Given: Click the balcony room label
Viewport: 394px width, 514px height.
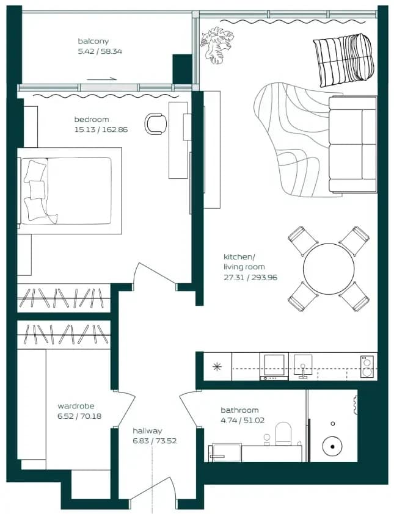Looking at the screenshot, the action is (x=93, y=42).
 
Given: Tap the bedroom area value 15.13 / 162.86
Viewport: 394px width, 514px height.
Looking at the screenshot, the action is (x=101, y=129).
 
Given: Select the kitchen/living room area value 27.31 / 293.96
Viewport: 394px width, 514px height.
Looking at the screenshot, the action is (x=250, y=277).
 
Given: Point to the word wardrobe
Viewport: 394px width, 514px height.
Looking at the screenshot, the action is (x=76, y=406).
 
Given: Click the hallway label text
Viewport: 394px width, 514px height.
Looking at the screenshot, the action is (x=147, y=431).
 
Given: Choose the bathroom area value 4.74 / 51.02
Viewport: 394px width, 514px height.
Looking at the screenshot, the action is (x=243, y=420).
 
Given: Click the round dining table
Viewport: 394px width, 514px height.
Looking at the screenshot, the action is (x=329, y=269).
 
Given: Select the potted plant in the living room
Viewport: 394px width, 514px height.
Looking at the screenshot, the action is (x=217, y=45).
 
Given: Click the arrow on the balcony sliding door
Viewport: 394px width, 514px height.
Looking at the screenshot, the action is (x=102, y=79).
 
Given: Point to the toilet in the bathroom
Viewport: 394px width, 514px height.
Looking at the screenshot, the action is (x=283, y=434).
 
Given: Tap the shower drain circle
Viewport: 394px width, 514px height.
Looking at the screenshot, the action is (x=332, y=446).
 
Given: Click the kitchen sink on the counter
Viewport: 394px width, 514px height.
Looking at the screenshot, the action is (x=303, y=366).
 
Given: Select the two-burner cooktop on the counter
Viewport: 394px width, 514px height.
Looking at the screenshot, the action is (x=367, y=366).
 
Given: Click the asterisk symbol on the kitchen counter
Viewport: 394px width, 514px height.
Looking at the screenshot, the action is (x=217, y=366).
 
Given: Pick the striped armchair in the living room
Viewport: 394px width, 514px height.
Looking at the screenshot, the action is (x=343, y=60).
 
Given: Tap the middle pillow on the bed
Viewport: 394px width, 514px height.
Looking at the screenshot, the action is (x=37, y=189).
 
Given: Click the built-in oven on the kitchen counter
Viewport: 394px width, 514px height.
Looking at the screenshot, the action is (x=274, y=366).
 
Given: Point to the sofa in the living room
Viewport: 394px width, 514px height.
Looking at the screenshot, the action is (x=352, y=144).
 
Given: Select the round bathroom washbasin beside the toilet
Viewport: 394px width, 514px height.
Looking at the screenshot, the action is (x=267, y=437).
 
